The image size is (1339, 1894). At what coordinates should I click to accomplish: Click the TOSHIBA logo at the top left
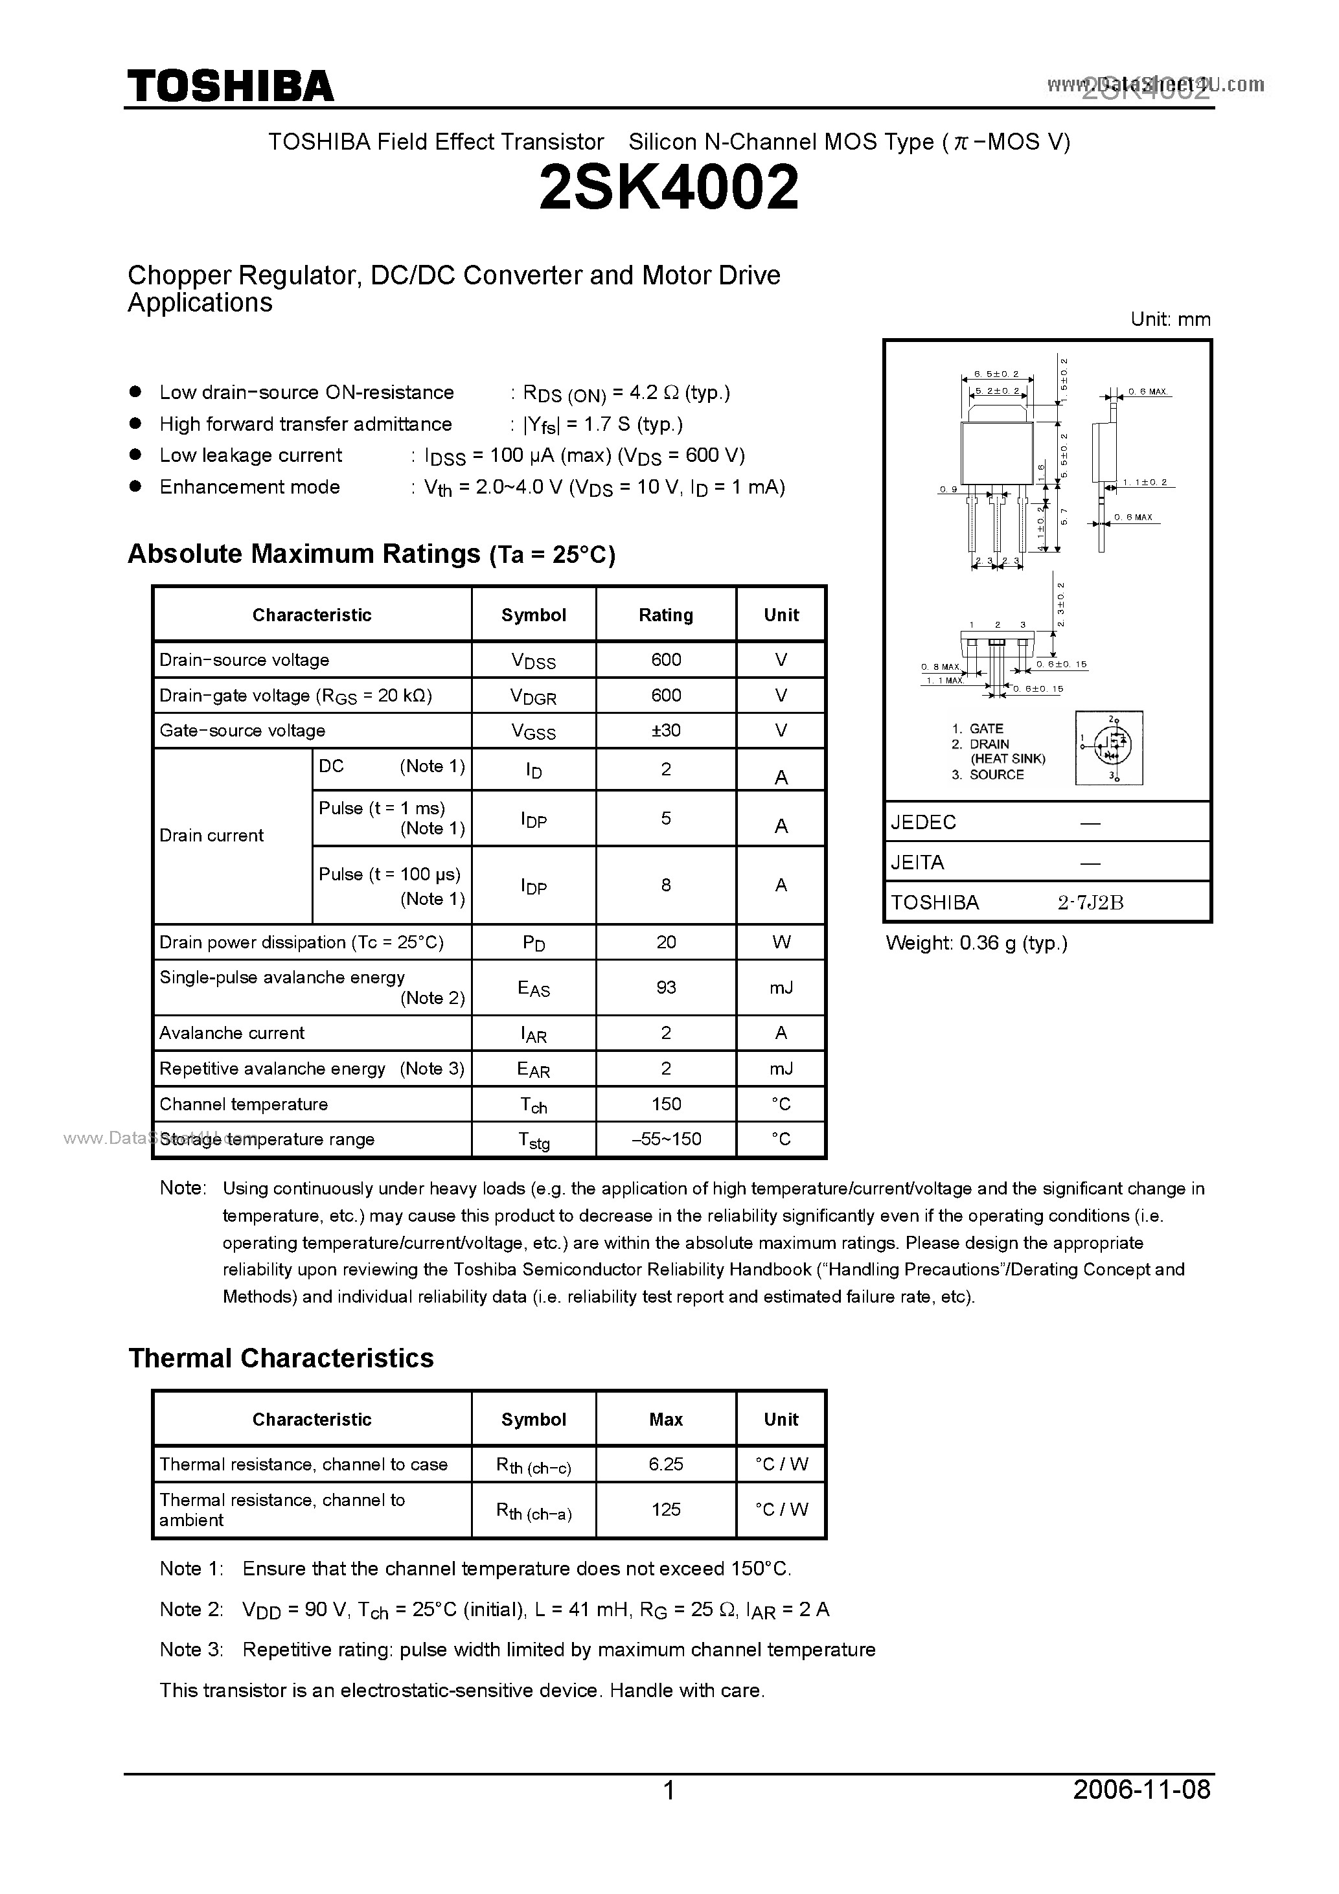tap(230, 86)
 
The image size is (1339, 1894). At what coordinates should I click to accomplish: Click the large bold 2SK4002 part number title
tap(669, 187)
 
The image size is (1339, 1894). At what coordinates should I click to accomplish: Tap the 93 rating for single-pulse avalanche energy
tap(666, 987)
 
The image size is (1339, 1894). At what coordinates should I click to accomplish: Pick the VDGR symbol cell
tap(533, 696)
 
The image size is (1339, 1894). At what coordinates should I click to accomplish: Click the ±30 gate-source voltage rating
tap(666, 731)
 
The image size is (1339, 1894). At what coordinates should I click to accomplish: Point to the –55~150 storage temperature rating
tap(666, 1139)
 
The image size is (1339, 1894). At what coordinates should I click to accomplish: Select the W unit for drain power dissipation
tap(781, 942)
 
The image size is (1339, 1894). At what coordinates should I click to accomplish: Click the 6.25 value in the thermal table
tap(666, 1464)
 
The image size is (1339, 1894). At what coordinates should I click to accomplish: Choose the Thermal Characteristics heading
tap(281, 1358)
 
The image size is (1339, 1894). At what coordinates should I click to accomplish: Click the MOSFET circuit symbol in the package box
tap(1109, 747)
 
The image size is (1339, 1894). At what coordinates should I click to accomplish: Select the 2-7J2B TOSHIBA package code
tap(1091, 902)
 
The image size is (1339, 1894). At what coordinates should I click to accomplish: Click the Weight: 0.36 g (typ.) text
tap(977, 944)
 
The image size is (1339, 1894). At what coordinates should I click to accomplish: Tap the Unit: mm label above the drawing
tap(1170, 320)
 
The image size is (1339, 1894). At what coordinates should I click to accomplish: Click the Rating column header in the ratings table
tap(666, 615)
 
